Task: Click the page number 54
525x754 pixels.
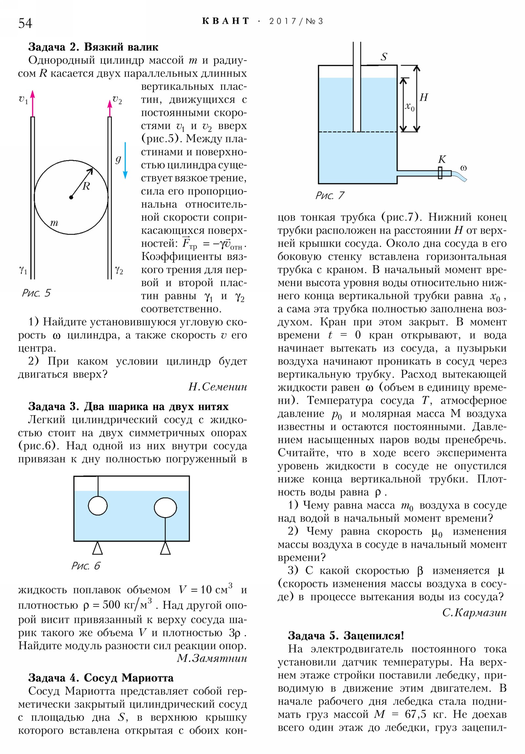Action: click(25, 23)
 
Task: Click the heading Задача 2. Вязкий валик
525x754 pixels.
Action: click(93, 47)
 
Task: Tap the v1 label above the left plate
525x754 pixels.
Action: click(23, 99)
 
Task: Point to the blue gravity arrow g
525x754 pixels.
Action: click(125, 161)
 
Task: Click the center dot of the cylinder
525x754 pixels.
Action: click(71, 197)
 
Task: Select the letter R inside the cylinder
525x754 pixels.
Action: click(86, 187)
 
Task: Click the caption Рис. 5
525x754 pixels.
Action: click(36, 293)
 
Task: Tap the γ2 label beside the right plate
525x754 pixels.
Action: click(119, 270)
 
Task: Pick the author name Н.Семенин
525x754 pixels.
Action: click(218, 387)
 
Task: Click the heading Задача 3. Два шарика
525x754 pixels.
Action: click(128, 407)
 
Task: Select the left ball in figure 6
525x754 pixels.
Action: click(98, 506)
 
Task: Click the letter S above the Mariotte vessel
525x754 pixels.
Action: click(384, 57)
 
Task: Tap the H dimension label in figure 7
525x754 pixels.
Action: click(424, 97)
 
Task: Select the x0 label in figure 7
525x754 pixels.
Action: click(409, 107)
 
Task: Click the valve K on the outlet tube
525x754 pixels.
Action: click(440, 172)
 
